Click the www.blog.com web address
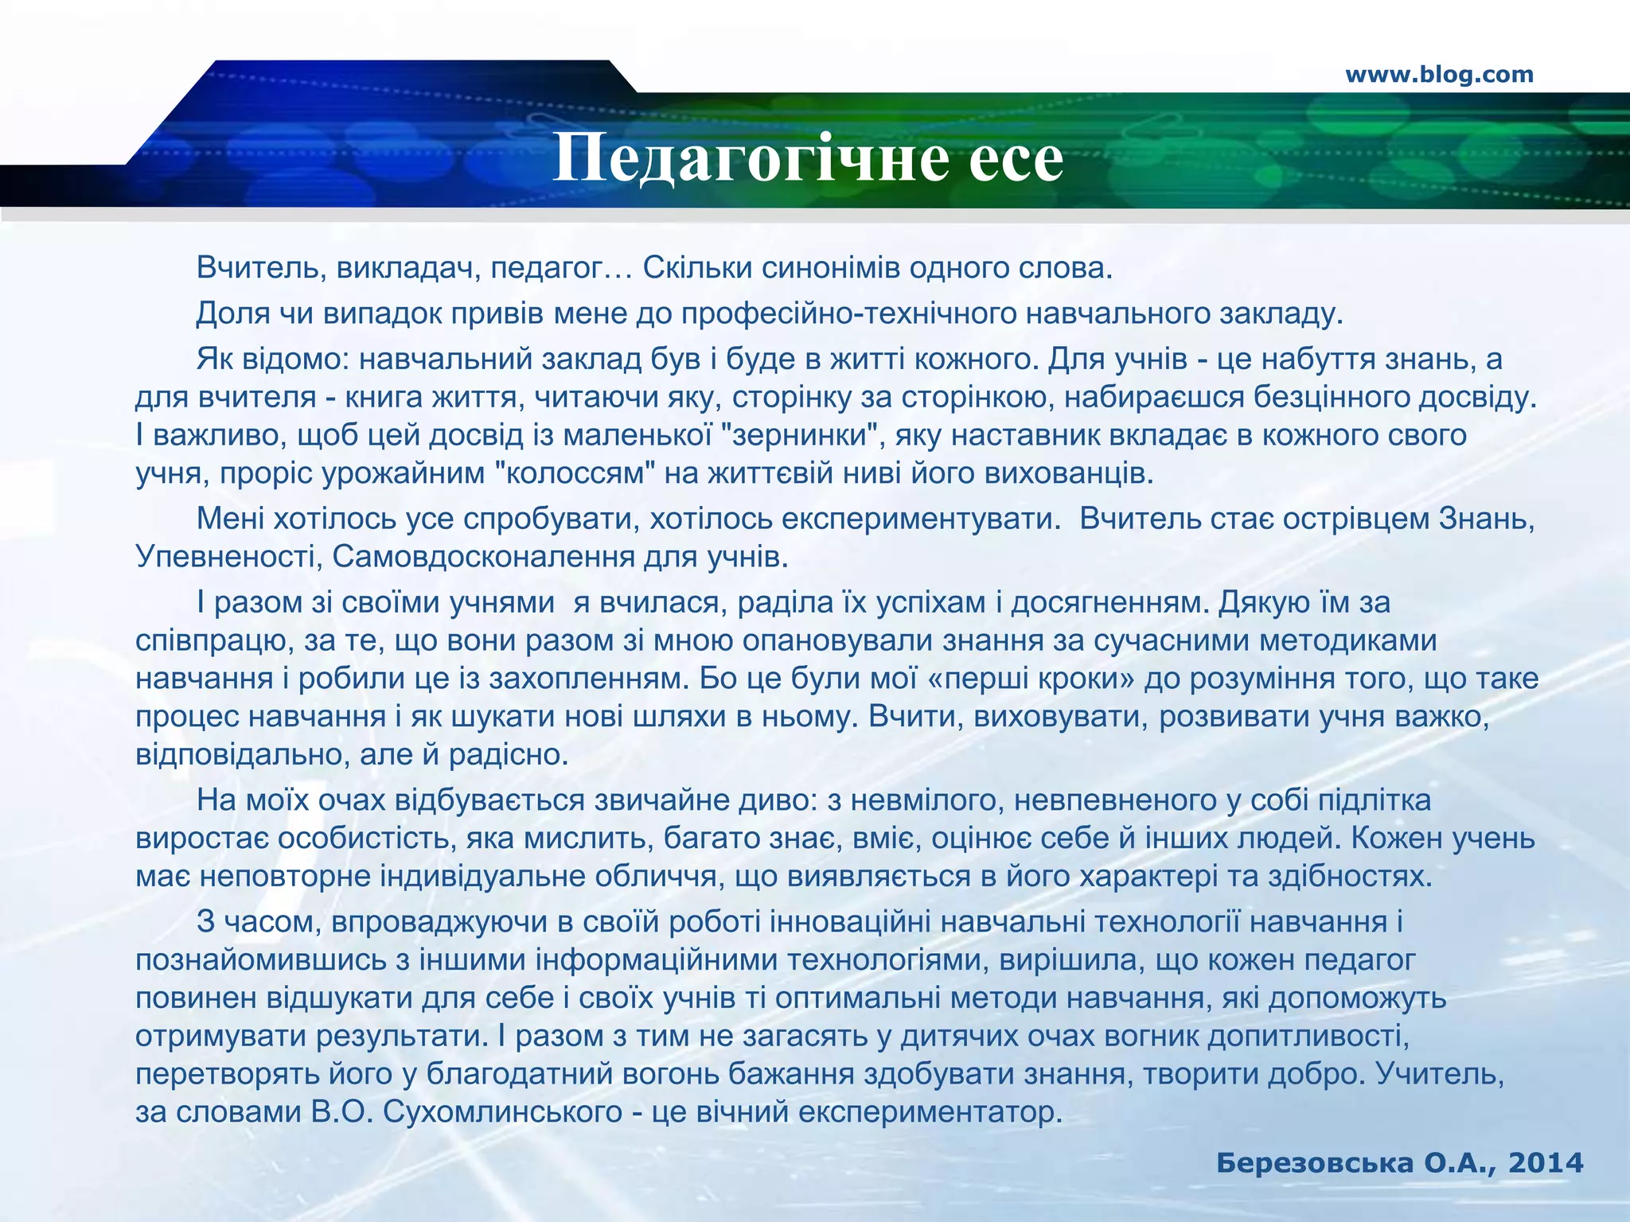[x=1439, y=75]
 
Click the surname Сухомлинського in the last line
[x=502, y=1111]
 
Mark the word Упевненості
[x=227, y=556]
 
